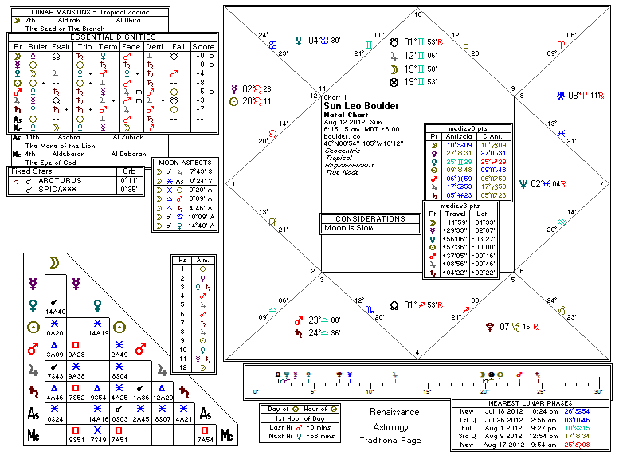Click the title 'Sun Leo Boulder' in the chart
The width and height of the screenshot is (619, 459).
362,106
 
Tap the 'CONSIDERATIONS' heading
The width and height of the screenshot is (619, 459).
370,218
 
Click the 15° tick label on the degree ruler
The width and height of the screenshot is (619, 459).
427,391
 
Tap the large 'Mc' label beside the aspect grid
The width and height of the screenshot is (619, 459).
227,435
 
